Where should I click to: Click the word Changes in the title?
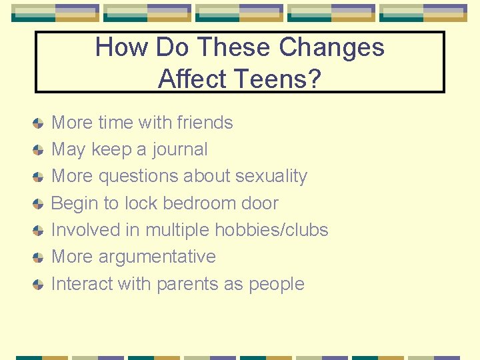[x=331, y=47]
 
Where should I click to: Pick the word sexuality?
[x=268, y=177]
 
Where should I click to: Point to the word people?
[x=276, y=285]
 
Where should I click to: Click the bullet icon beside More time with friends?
[x=39, y=123]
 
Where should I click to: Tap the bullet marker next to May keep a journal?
[x=39, y=150]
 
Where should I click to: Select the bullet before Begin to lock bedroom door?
[x=39, y=204]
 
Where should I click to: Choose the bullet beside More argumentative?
[x=39, y=257]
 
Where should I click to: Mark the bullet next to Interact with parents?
[x=39, y=285]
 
